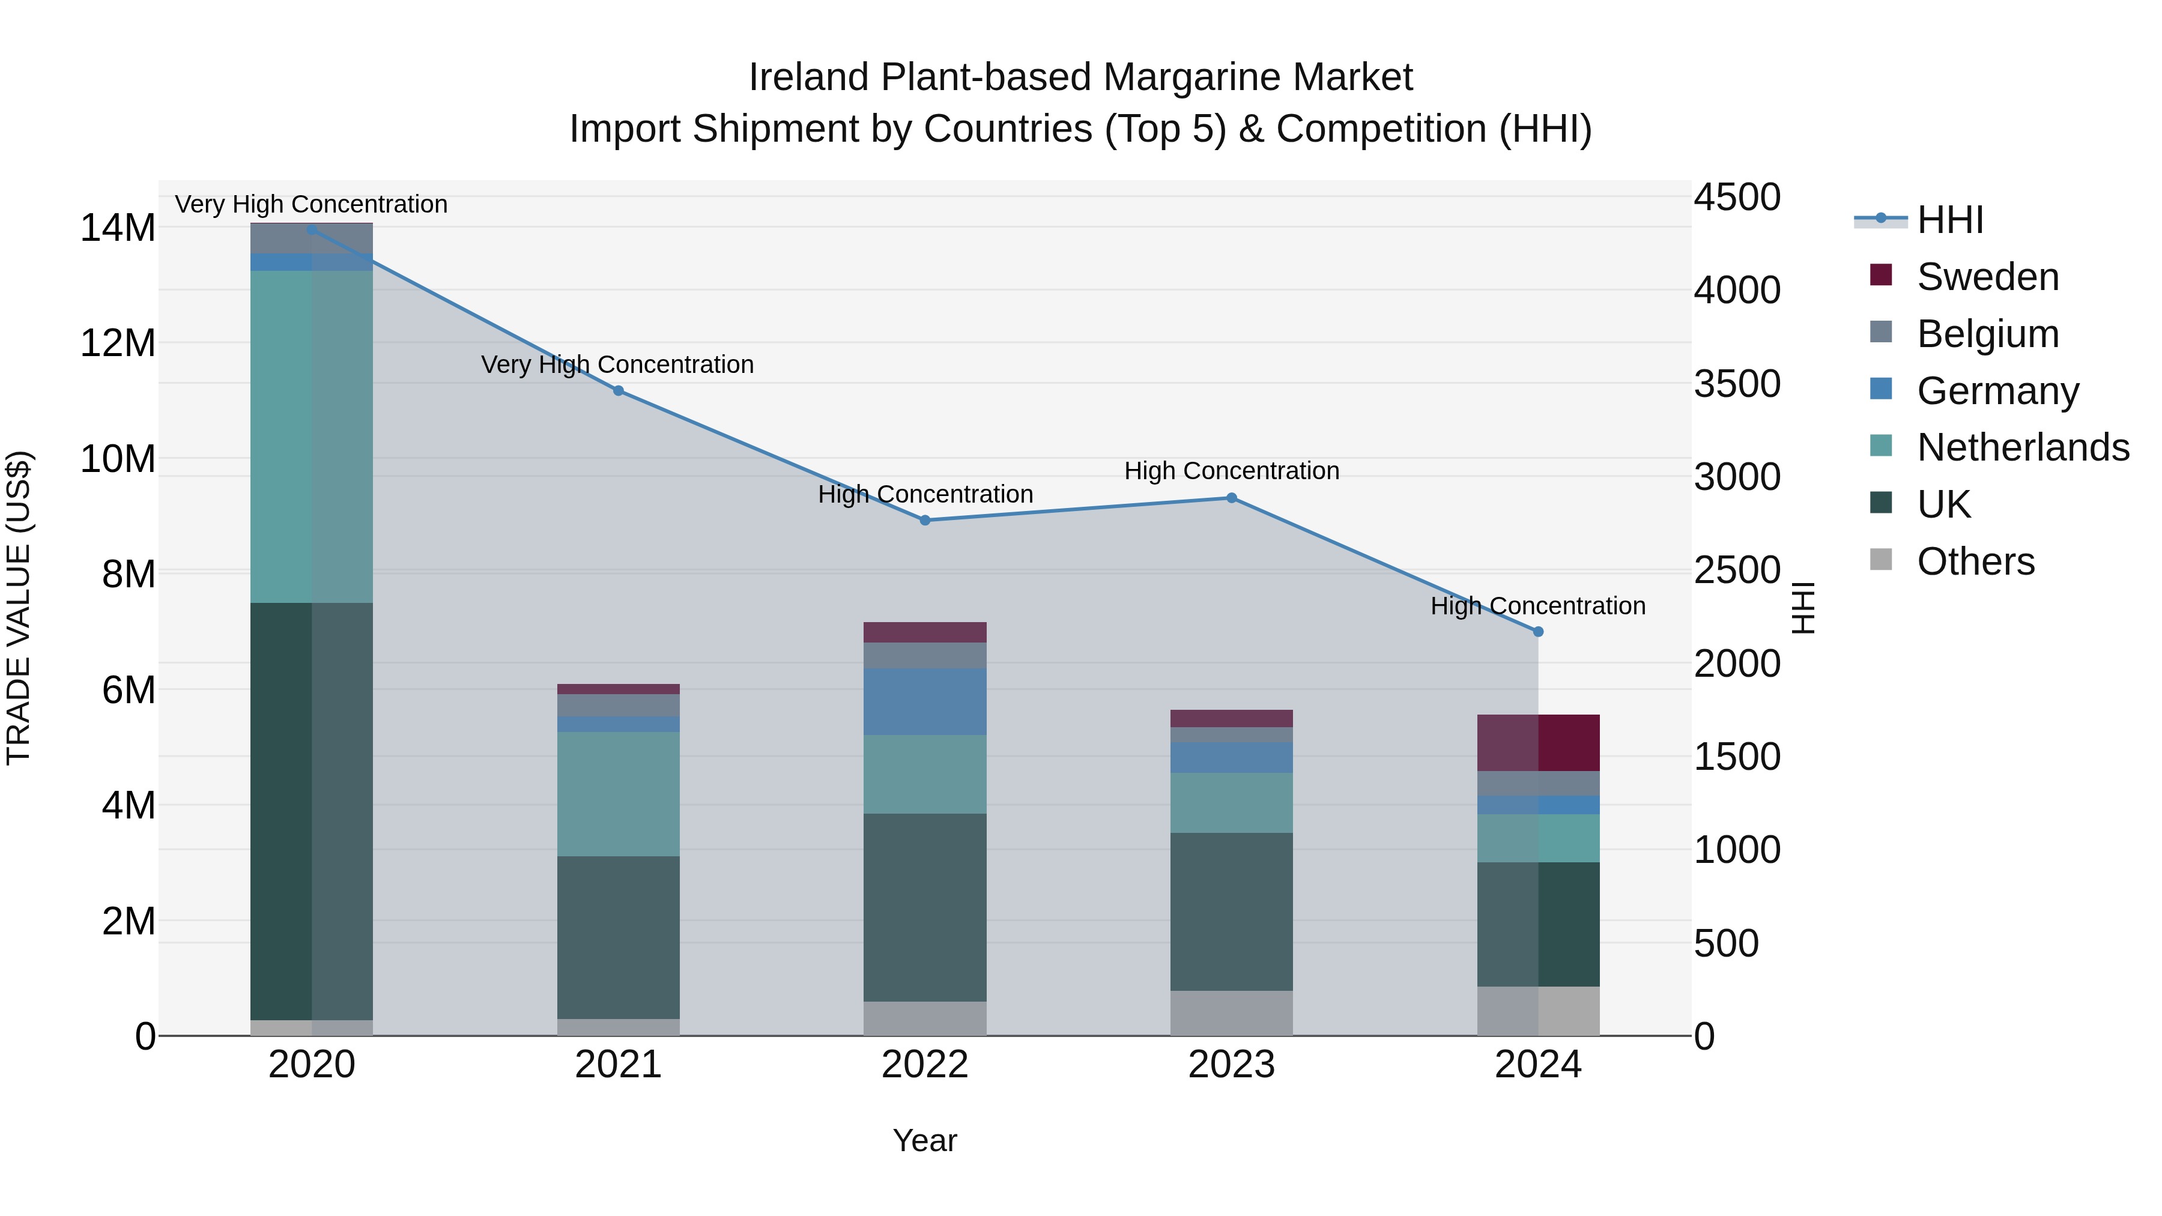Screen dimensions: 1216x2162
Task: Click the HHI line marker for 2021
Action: (x=619, y=390)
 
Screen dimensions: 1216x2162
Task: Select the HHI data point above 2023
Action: (x=1231, y=498)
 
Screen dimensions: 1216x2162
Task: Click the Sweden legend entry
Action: (x=1987, y=277)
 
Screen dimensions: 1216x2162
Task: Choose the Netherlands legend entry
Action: (x=2022, y=447)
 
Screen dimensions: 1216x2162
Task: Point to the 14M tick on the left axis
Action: (x=118, y=228)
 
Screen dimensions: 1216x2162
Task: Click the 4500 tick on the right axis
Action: (x=1736, y=198)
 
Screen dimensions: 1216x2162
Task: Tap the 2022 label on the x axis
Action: (x=925, y=1065)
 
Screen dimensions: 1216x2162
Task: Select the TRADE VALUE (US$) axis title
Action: (x=19, y=608)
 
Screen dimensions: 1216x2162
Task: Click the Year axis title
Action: (x=925, y=1140)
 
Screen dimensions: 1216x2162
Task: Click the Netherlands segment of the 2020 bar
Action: (x=311, y=437)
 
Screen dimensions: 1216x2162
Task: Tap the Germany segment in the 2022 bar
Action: (x=925, y=701)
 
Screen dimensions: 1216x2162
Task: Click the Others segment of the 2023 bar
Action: (x=1231, y=1013)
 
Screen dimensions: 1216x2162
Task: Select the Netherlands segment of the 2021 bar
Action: (x=619, y=793)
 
